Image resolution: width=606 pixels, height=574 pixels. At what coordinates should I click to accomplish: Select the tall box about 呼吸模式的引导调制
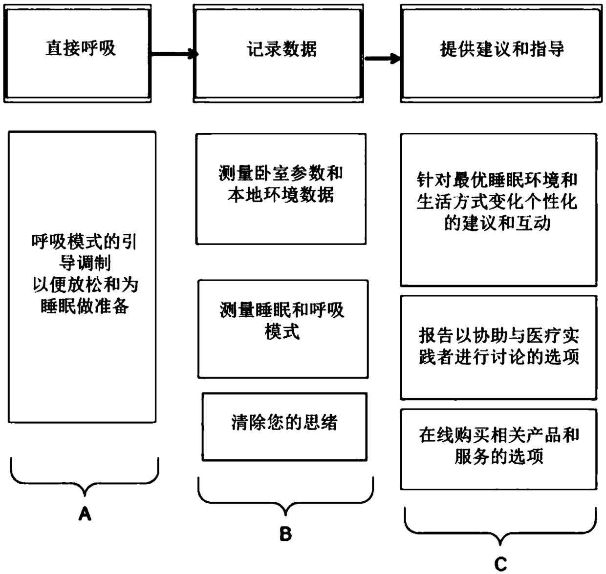pos(82,276)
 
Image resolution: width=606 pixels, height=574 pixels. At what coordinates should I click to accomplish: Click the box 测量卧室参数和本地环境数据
pos(281,188)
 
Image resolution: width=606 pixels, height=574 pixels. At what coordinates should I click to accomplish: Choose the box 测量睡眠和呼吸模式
pos(282,328)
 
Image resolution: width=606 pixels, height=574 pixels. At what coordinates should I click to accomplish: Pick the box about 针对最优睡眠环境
pos(498,210)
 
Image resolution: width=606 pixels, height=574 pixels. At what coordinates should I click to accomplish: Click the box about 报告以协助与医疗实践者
pos(498,347)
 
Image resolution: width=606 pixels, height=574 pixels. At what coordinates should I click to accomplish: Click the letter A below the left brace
pos(85,513)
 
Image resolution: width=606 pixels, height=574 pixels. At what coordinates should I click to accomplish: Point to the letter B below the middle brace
pos(285,534)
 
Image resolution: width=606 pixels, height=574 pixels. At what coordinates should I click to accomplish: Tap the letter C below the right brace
pos(500,564)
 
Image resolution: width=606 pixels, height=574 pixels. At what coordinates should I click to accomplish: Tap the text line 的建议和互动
pos(498,224)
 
